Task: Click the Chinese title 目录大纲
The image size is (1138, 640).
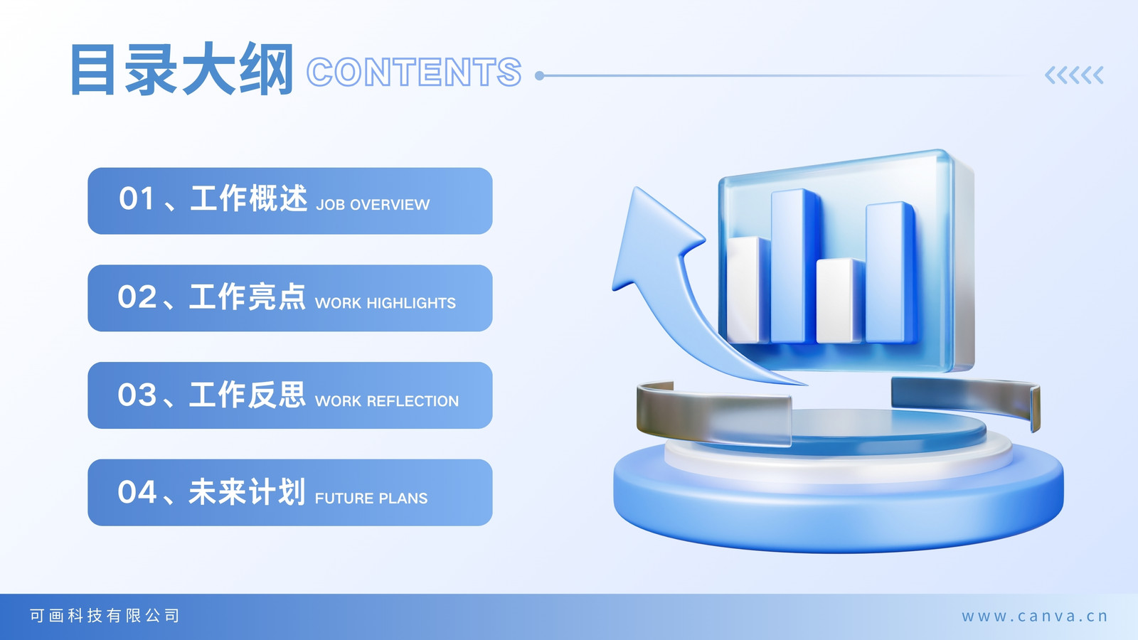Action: pos(182,70)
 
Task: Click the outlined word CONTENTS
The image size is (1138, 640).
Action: pos(414,72)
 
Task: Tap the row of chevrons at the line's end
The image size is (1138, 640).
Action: pos(1074,75)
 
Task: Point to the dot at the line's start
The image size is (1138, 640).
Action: pos(540,75)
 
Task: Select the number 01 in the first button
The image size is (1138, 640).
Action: pos(136,198)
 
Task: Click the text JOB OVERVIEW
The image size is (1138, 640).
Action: pos(373,205)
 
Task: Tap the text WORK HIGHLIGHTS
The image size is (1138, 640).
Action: pos(385,303)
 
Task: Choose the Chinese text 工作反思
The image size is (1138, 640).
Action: pos(248,395)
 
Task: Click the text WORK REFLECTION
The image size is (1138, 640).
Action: pos(387,401)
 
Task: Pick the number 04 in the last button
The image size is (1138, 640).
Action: pos(137,492)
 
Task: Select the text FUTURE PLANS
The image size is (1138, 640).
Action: pos(371,498)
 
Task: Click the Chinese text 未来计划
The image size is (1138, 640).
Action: pos(248,491)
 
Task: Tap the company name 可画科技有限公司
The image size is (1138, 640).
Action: pos(104,616)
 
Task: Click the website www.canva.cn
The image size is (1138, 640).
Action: pos(1034,616)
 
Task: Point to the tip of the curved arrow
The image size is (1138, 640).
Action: pos(636,188)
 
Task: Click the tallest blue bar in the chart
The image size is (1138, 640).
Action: pos(794,266)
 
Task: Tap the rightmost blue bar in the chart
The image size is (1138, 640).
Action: pos(890,272)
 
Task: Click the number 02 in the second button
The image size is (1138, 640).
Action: pos(137,297)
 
